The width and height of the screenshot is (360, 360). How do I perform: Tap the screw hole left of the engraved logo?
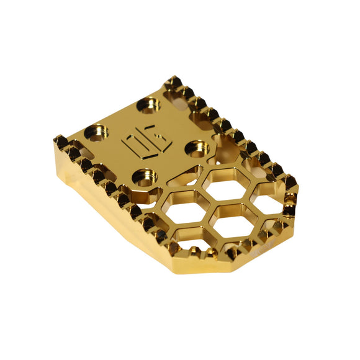(98, 132)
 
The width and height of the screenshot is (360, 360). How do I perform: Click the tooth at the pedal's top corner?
(172, 83)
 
